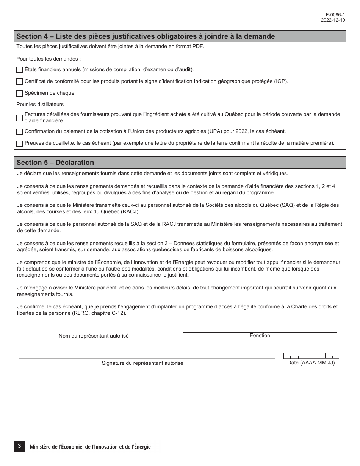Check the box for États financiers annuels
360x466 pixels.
(20, 70)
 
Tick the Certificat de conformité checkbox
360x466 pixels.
(20, 81)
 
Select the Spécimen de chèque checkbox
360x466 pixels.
(20, 93)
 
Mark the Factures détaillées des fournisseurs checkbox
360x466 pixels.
(20, 117)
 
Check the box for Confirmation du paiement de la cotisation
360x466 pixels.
(20, 132)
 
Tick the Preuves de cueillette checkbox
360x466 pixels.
(20, 144)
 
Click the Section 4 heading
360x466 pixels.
(146, 36)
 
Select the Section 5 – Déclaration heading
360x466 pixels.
(55, 163)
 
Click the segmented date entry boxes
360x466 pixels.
(311, 356)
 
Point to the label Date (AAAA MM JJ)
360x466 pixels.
(311, 363)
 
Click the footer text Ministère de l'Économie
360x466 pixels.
(90, 447)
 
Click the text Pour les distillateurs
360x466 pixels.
(42, 104)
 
